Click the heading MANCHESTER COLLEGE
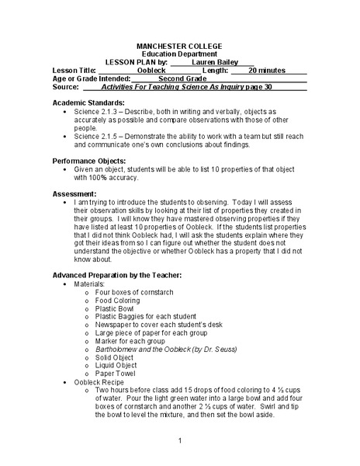(179, 46)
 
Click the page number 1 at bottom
(179, 441)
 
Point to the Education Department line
(179, 54)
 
